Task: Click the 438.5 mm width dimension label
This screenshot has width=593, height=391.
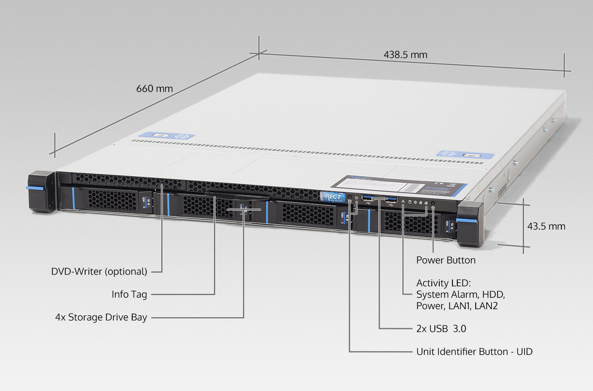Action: [405, 55]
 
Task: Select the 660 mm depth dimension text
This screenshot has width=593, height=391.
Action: [154, 88]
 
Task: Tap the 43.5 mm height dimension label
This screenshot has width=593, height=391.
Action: [546, 227]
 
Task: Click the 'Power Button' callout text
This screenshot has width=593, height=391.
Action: [445, 260]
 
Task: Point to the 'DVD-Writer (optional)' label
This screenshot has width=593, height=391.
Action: [99, 271]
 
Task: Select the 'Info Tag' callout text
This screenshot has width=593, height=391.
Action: [129, 294]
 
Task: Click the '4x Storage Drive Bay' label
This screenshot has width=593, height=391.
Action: [101, 317]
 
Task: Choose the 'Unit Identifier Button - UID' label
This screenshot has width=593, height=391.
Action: [474, 351]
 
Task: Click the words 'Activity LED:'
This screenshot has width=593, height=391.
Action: [443, 283]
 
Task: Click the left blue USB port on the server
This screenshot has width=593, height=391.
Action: [368, 198]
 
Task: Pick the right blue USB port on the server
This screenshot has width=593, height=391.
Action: [391, 200]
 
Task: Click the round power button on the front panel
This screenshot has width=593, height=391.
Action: [433, 204]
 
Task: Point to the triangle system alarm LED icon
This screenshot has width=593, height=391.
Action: [403, 201]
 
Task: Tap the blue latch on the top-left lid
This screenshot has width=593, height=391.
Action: [167, 135]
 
